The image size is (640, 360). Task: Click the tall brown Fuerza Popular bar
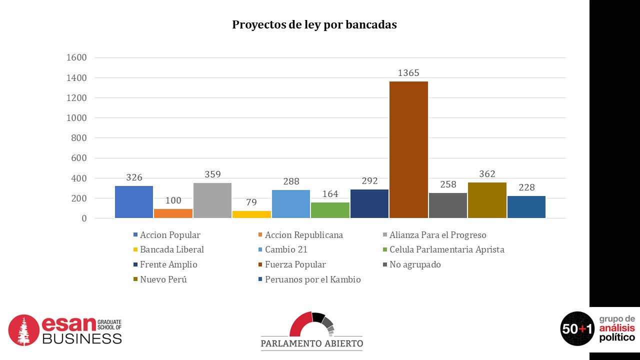[408, 149]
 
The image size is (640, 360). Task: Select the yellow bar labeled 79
[251, 214]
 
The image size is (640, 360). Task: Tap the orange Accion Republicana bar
[173, 213]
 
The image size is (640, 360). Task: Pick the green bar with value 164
[330, 210]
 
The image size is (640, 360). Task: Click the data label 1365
[408, 73]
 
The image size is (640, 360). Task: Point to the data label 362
[487, 174]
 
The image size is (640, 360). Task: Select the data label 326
[134, 177]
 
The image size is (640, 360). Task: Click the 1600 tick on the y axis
[76, 57]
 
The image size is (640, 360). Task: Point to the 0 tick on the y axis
[83, 218]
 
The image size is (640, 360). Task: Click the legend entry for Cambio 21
[286, 249]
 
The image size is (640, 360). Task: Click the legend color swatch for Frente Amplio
[135, 265]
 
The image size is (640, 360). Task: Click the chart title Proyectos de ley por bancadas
[314, 25]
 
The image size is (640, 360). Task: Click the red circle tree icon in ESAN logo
[23, 330]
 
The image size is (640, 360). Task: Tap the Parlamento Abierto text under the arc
[311, 343]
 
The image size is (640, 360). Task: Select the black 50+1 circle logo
[577, 328]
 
